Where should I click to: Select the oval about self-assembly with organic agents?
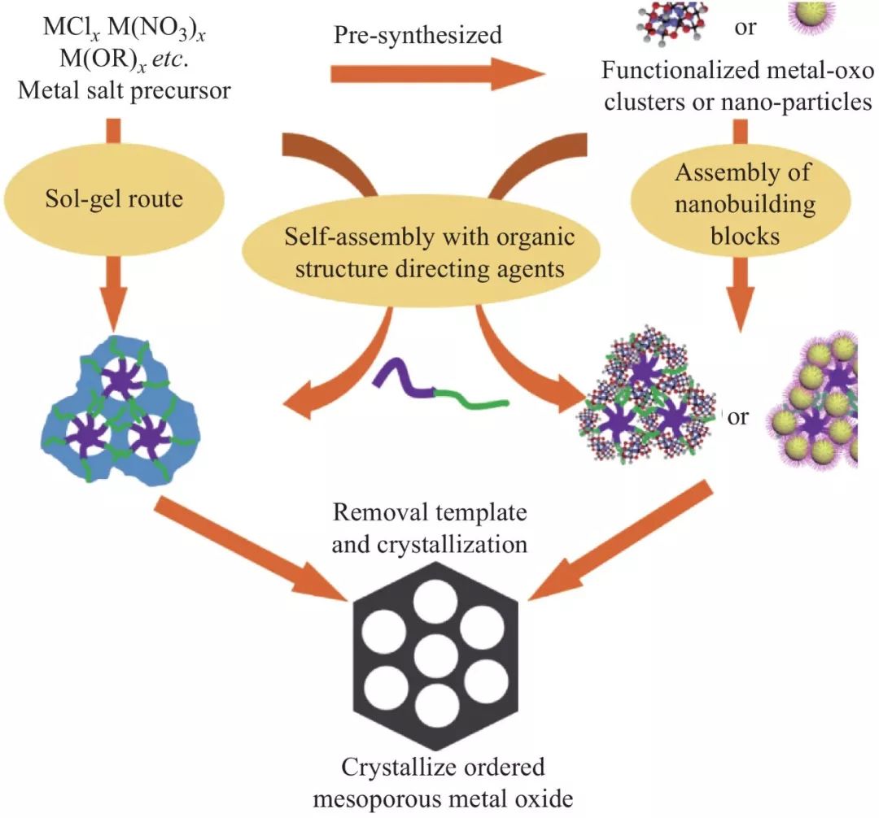(430, 252)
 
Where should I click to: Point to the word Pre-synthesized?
(418, 35)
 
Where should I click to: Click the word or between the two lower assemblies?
(738, 417)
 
